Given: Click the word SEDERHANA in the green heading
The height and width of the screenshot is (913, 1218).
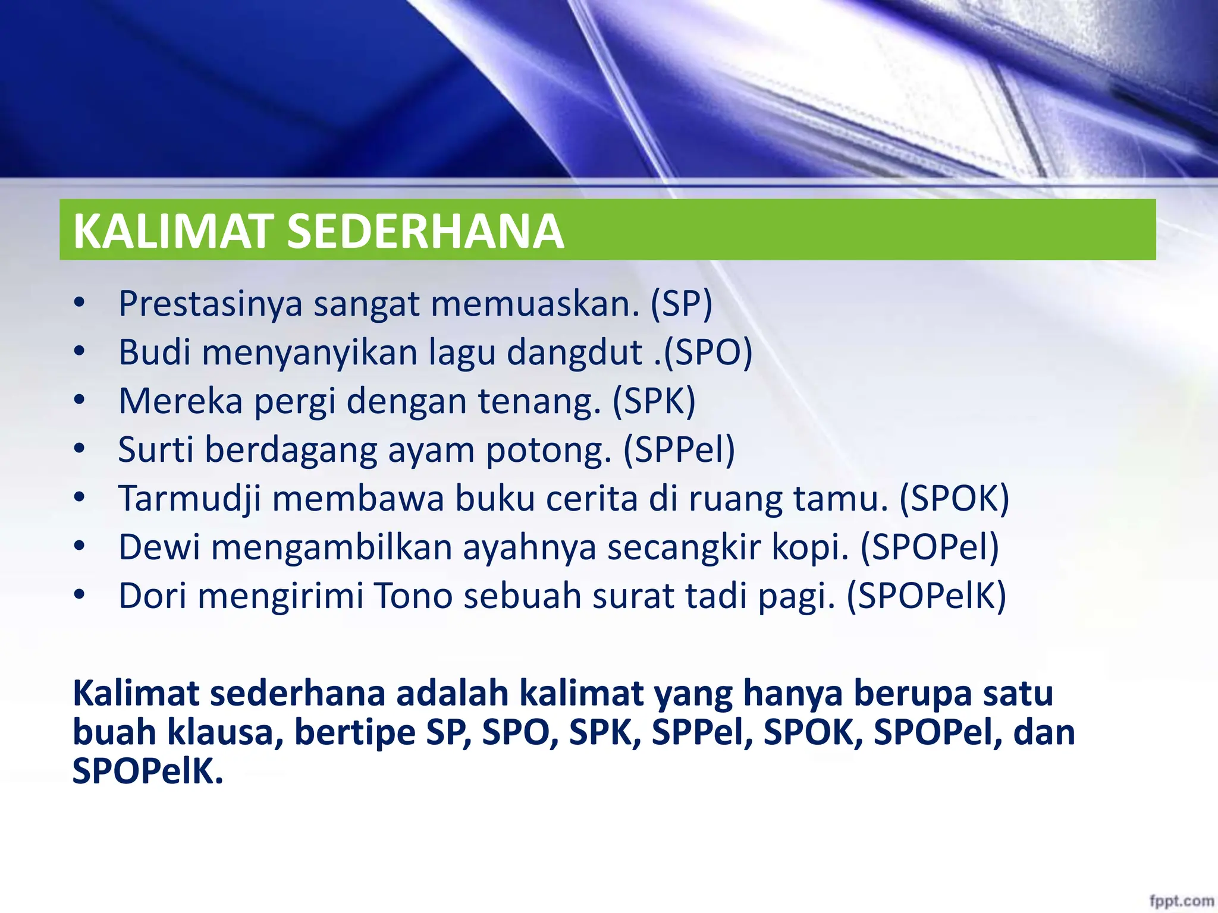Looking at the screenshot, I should (425, 231).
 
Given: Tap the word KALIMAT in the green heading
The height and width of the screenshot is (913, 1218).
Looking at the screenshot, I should (172, 231).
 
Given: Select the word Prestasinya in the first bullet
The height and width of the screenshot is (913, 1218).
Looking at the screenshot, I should (211, 304).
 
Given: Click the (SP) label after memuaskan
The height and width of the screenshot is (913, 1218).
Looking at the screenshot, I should (681, 304).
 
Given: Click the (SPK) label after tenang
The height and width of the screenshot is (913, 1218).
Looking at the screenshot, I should (654, 401).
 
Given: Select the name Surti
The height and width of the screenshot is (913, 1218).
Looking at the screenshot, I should (156, 450).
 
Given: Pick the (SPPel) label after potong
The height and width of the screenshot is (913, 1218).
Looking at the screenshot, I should (679, 450).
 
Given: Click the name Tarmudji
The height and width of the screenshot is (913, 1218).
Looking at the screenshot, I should (190, 499).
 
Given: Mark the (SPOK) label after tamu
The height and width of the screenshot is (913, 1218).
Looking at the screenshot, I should (954, 499).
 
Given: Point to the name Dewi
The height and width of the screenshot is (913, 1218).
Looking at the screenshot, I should (159, 547).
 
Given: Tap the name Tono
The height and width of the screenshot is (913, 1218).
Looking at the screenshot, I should (413, 596).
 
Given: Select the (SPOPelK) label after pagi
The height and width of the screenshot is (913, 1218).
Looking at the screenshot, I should (926, 596).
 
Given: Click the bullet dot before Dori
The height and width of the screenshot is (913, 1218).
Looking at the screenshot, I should (79, 595).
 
